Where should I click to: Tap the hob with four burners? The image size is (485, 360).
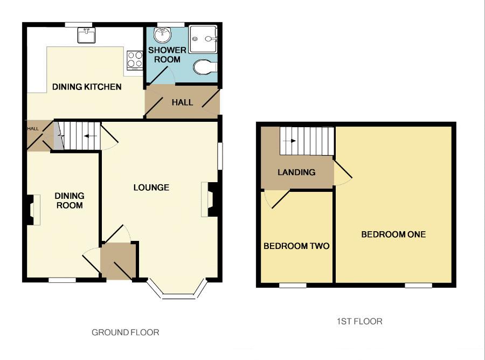134,59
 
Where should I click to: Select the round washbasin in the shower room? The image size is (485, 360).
161,35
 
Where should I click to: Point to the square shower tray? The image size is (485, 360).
203,38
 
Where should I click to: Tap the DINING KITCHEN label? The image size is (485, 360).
87,87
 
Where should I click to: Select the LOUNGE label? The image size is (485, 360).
151,188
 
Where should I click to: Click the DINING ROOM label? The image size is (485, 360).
70,200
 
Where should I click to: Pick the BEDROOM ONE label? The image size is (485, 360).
393,234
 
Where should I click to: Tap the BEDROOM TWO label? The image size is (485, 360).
296,246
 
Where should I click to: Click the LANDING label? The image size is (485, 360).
296,172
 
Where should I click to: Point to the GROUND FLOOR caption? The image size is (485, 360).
126,333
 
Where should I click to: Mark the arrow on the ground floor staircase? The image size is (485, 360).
91,136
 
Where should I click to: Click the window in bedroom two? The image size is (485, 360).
293,285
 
